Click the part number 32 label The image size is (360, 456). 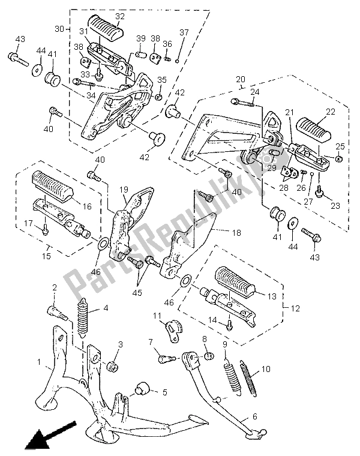pyautogui.click(x=119, y=16)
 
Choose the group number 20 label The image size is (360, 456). pyautogui.click(x=239, y=79)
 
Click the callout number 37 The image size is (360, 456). pyautogui.click(x=184, y=32)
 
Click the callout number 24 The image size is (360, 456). pyautogui.click(x=254, y=92)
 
